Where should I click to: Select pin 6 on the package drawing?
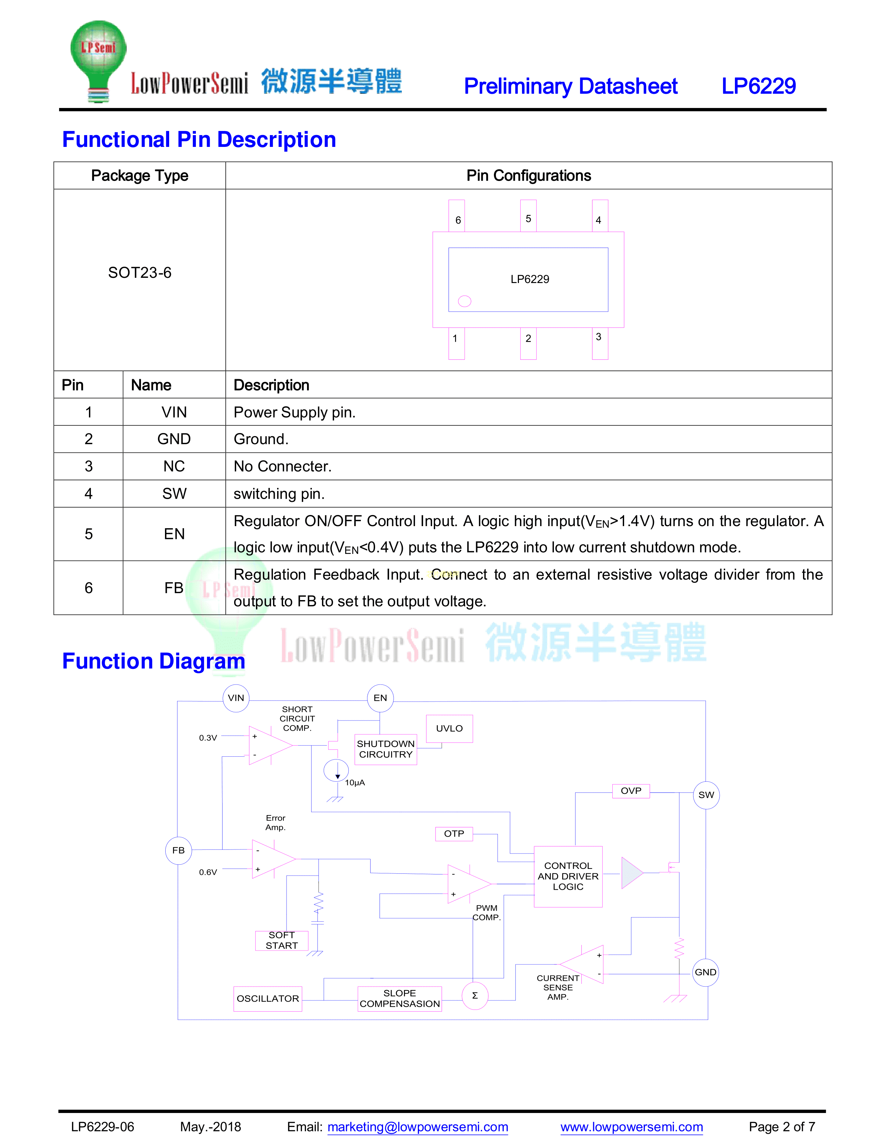(x=457, y=216)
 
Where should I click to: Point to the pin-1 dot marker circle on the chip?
(x=464, y=301)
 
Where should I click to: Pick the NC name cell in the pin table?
(x=174, y=466)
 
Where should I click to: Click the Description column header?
(x=271, y=385)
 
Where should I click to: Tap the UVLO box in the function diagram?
(x=449, y=728)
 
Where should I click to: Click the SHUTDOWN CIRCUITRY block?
(x=386, y=749)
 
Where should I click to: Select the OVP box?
(x=631, y=791)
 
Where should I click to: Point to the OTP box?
(x=454, y=834)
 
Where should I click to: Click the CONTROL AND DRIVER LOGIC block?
(x=568, y=876)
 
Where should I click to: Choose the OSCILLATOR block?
(x=268, y=998)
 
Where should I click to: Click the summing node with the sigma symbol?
(x=474, y=995)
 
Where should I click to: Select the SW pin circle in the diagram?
(x=706, y=795)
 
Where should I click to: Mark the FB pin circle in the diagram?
(x=179, y=850)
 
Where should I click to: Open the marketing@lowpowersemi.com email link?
(x=418, y=1127)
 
